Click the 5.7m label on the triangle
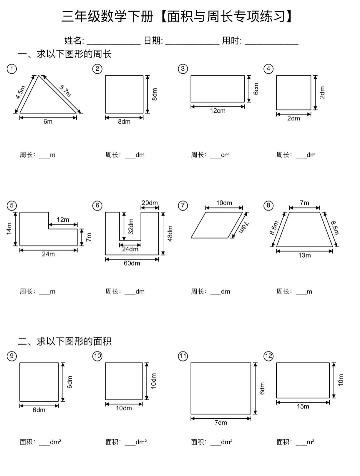click(x=65, y=91)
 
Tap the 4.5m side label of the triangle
click(x=21, y=92)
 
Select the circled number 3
click(x=183, y=69)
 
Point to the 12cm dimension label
click(x=218, y=111)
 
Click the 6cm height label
click(x=256, y=89)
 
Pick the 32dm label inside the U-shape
click(x=131, y=226)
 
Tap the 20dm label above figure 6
click(x=150, y=203)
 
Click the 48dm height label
click(x=170, y=233)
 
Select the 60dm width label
click(x=132, y=263)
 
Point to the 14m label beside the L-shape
click(x=9, y=229)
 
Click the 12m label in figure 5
click(x=63, y=219)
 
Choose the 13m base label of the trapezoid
click(x=304, y=256)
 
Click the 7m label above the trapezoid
click(x=304, y=203)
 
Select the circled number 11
click(x=183, y=356)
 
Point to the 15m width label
click(x=303, y=407)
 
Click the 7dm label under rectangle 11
click(x=221, y=423)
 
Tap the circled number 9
click(x=12, y=356)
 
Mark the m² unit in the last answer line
click(x=310, y=442)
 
